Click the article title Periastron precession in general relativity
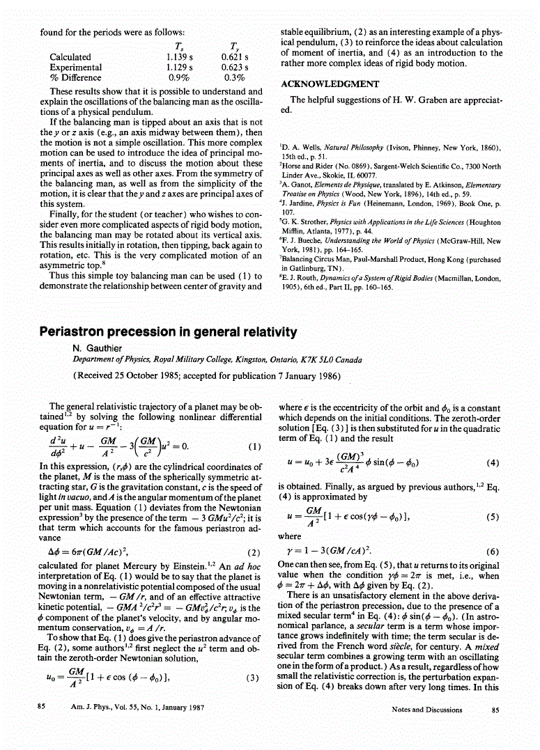tap(168, 332)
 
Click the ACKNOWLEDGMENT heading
tap(329, 84)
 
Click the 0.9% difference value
tap(180, 78)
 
